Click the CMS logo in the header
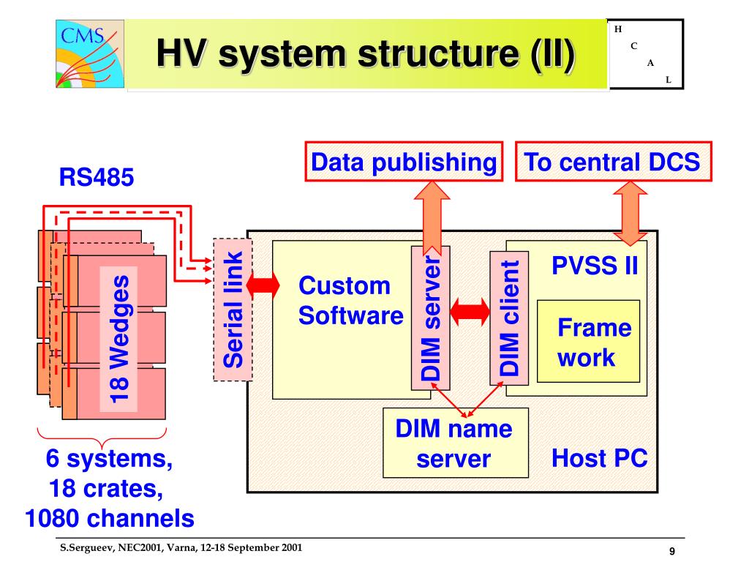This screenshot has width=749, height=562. click(90, 53)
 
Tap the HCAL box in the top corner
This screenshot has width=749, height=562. click(646, 54)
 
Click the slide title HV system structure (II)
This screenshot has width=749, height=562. click(366, 53)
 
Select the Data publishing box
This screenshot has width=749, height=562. click(404, 162)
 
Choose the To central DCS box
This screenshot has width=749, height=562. click(614, 162)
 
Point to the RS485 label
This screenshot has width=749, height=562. click(97, 177)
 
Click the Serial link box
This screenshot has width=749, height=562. click(233, 310)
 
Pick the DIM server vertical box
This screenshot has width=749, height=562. click(430, 318)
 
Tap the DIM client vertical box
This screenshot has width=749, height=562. click(509, 318)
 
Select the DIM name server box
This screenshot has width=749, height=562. click(456, 443)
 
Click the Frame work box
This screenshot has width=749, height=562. click(589, 341)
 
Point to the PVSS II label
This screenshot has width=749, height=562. click(595, 265)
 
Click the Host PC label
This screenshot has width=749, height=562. click(600, 458)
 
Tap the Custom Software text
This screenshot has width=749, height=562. click(350, 301)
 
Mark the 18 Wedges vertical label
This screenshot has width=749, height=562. click(119, 340)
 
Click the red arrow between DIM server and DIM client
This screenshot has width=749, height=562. click(470, 312)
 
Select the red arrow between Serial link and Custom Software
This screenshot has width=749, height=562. click(263, 285)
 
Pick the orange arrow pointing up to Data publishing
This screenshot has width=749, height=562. click(432, 217)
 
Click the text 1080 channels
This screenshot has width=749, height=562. click(110, 519)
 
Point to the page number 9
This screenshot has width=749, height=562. click(672, 551)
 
